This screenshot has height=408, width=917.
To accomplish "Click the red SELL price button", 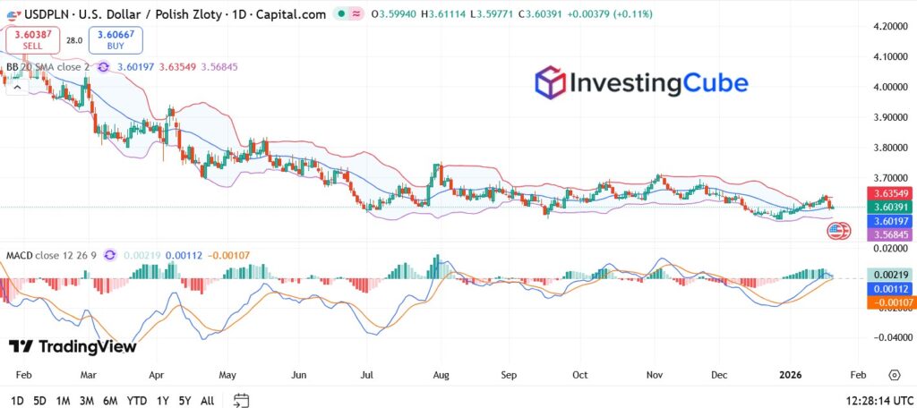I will (32, 39).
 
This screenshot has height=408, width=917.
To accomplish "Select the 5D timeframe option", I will (40, 401).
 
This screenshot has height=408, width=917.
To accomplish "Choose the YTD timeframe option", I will (137, 401).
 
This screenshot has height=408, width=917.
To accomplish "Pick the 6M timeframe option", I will (110, 401).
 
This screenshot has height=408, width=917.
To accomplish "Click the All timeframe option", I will (207, 401).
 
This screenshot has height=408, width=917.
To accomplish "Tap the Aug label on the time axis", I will (441, 375).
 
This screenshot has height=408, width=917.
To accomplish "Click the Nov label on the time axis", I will (655, 375).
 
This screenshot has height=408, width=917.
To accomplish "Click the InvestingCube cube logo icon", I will (550, 83).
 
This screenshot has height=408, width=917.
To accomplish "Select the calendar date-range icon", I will (241, 400).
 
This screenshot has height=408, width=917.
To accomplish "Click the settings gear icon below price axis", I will (894, 375).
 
